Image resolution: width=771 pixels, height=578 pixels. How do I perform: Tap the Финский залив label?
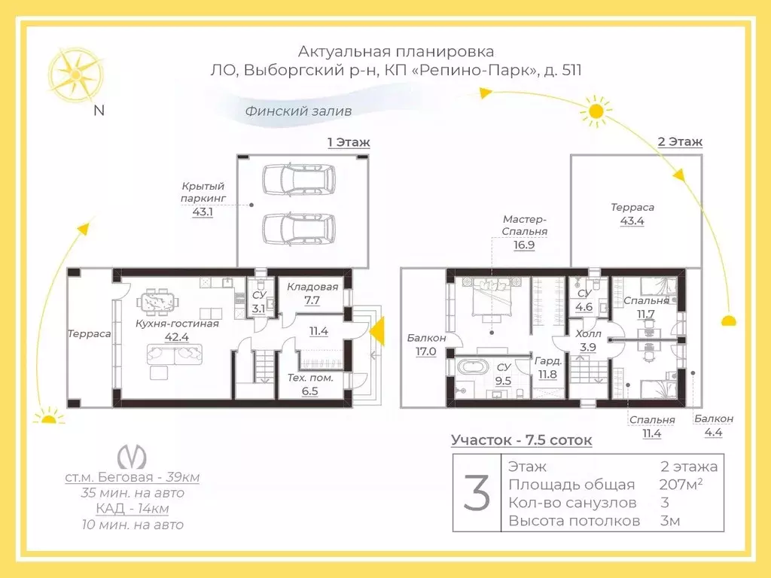(298, 111)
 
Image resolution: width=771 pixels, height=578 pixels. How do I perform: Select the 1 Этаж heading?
(349, 142)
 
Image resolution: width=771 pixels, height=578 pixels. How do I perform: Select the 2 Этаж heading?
(680, 141)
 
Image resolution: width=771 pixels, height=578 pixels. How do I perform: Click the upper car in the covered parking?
(299, 179)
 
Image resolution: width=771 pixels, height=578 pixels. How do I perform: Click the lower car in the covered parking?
(299, 229)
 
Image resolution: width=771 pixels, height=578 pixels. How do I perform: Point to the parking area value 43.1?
(203, 212)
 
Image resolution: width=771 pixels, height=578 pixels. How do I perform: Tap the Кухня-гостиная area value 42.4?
(176, 337)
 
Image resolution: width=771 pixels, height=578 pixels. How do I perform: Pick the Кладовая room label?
(312, 287)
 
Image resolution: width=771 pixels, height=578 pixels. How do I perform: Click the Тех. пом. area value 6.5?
(309, 391)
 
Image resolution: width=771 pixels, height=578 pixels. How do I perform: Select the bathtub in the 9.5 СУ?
(472, 368)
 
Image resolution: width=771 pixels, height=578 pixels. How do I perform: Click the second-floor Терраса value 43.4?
(632, 221)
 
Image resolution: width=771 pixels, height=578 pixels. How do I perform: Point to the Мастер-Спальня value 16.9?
(524, 245)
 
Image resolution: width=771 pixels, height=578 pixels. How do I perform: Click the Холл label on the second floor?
(588, 333)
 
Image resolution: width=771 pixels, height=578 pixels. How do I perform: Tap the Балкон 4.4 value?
(714, 433)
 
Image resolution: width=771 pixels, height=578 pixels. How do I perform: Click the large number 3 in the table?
(477, 492)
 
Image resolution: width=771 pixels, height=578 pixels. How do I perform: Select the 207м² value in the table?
(681, 484)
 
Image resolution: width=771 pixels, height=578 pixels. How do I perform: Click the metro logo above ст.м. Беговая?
(132, 457)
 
